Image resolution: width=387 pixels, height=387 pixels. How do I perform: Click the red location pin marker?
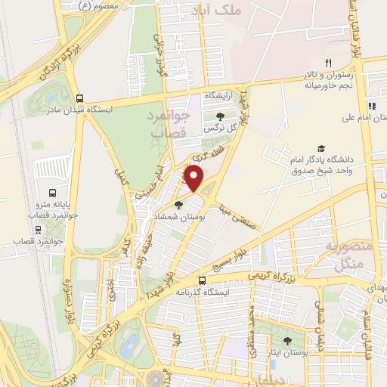point(194,179)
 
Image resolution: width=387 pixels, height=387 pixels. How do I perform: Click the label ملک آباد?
point(237,11)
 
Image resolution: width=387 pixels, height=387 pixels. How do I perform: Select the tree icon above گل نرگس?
point(220,116)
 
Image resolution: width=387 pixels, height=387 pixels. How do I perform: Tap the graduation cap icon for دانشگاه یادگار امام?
point(321,149)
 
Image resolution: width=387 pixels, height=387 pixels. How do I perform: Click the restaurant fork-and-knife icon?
point(328,63)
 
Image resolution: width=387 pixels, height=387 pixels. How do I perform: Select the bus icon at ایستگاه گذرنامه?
point(201,279)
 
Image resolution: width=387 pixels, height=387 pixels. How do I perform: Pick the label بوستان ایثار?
point(287,354)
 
